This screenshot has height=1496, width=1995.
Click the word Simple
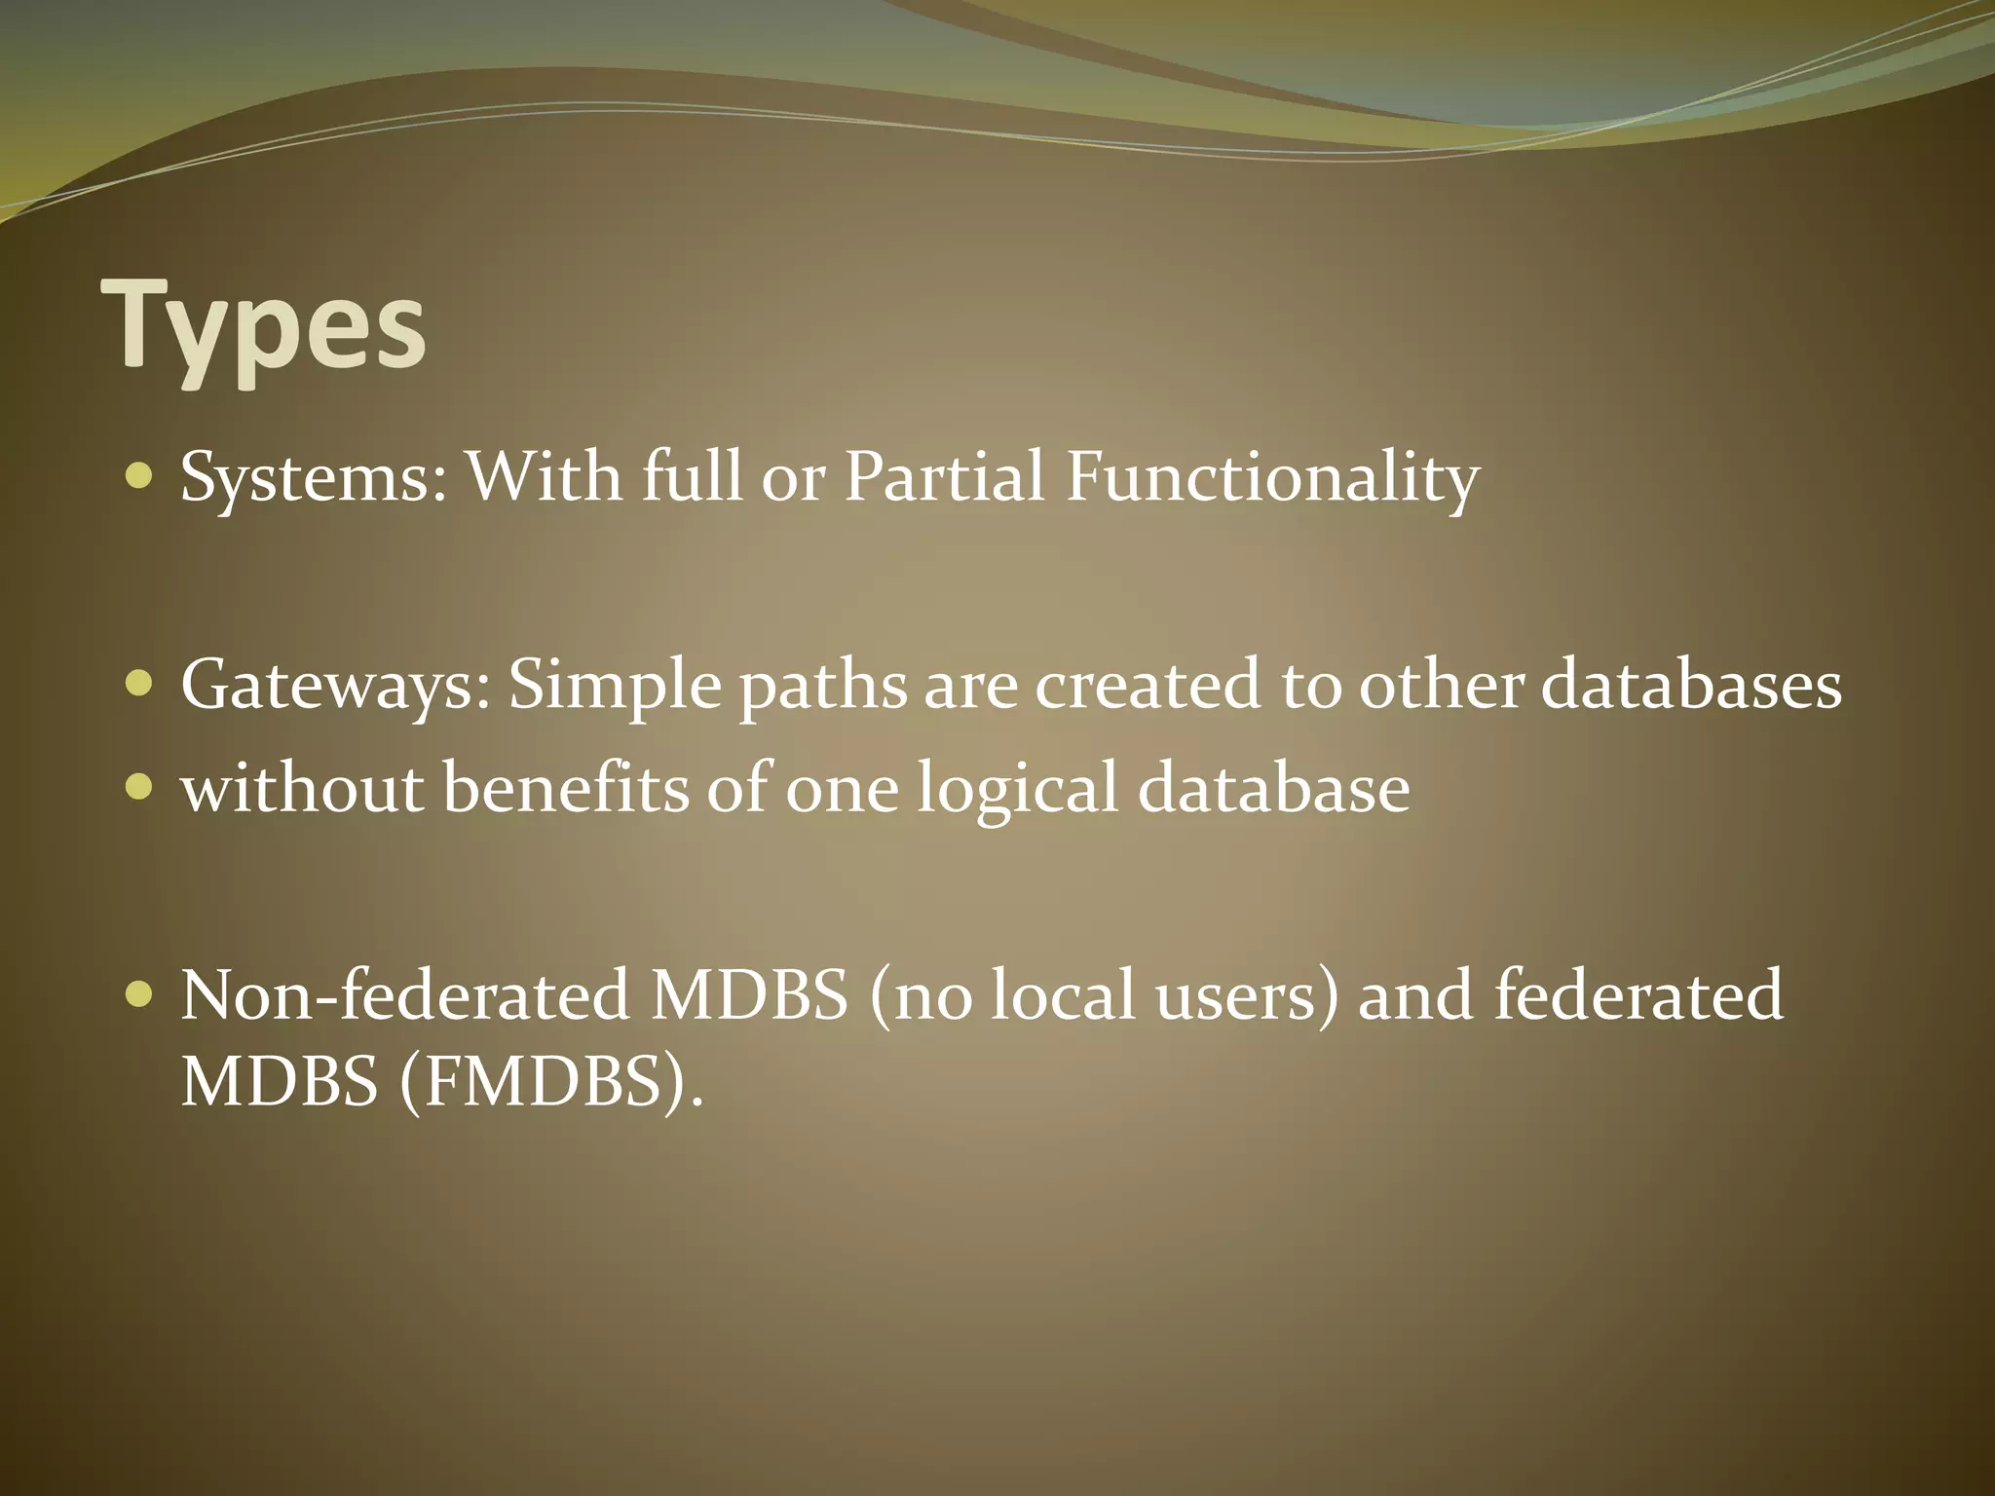(x=615, y=686)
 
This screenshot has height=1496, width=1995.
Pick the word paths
(x=823, y=686)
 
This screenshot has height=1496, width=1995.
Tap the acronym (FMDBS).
(x=550, y=1082)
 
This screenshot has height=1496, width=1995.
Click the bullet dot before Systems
(x=140, y=476)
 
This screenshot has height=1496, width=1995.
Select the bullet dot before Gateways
(x=140, y=684)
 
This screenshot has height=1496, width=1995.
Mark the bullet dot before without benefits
(x=140, y=786)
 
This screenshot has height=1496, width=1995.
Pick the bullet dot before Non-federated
(x=140, y=994)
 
